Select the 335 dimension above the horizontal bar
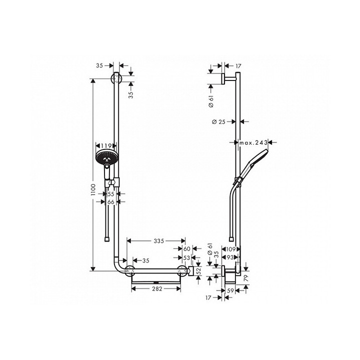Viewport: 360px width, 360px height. (158, 241)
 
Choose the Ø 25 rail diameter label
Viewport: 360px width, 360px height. (218, 121)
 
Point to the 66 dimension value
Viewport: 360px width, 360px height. (111, 201)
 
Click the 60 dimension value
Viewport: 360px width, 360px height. (187, 248)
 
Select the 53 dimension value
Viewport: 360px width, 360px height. (187, 257)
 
